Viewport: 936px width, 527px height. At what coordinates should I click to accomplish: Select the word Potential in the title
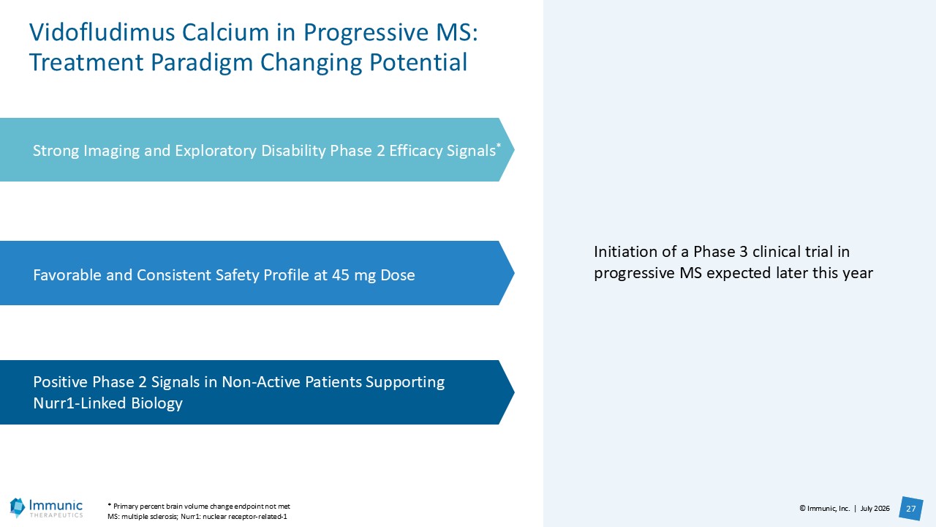coord(418,62)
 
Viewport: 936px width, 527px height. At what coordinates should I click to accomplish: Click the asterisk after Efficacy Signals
coord(499,145)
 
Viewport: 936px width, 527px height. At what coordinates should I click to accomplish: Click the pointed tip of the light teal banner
coord(514,149)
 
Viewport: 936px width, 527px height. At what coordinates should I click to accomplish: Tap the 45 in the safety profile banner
coord(341,274)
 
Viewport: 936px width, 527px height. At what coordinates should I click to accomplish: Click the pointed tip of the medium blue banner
coord(514,273)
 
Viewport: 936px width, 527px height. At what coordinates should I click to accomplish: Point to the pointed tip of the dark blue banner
coord(514,392)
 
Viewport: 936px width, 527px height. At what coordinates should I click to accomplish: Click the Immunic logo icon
coord(18,507)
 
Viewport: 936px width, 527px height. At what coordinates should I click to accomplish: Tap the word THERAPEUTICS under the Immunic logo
coord(56,515)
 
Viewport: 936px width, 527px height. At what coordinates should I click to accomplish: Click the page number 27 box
coord(911,509)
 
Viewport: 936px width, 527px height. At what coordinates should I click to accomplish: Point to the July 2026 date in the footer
coord(875,509)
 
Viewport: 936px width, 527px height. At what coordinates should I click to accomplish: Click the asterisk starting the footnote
coord(110,505)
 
